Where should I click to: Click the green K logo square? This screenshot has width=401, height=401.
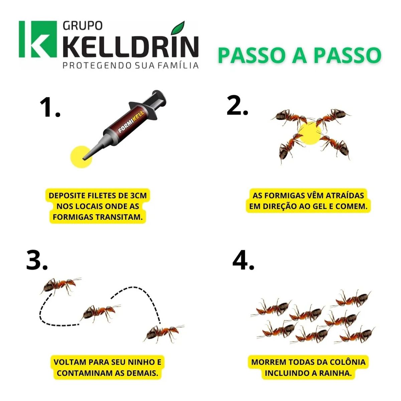tap(38, 39)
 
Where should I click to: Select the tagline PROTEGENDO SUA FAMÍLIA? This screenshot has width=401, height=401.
tap(131, 65)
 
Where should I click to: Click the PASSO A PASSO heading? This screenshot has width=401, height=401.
tap(299, 55)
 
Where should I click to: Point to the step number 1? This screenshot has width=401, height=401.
tap(49, 108)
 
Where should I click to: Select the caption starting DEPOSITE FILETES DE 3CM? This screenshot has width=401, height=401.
tap(98, 206)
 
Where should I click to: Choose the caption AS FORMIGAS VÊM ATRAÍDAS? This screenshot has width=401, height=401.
tap(308, 201)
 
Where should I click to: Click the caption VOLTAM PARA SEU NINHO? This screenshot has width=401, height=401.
tap(107, 367)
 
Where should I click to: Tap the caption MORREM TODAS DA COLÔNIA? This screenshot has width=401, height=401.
tap(308, 367)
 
